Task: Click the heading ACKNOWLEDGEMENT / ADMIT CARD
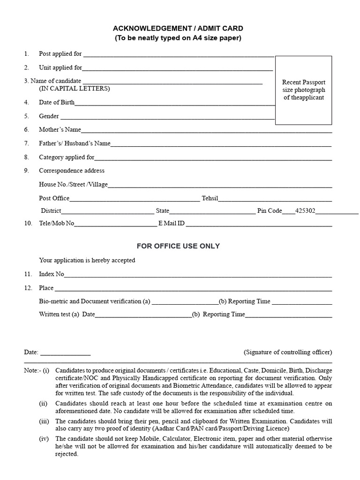pos(178,29)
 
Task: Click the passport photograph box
pos(303,90)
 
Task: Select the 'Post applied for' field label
pos(60,54)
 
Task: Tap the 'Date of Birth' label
pos(56,102)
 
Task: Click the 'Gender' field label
pos(49,116)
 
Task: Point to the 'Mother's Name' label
pos(60,129)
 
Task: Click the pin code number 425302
pos(305,211)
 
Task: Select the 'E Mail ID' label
pos(172,224)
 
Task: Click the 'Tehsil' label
pos(210,198)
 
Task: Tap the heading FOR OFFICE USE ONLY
pos(178,246)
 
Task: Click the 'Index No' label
pos(51,274)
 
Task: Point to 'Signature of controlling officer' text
pos(288,352)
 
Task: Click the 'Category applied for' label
pos(67,157)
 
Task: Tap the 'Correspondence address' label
pos(72,171)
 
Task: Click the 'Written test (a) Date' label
pos(67,315)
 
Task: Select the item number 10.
pos(28,224)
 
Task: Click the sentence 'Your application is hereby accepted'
pos(87,260)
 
